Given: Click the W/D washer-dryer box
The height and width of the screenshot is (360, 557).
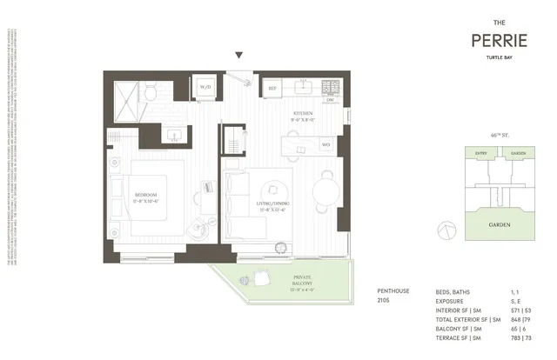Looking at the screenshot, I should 205,88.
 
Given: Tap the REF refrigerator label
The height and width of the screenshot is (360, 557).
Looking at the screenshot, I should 272,88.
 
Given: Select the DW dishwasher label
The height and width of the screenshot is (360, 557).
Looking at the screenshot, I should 330,100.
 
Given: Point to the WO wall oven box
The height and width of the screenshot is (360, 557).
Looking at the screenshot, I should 325,144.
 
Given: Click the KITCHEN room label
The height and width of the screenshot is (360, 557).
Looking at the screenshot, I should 302,114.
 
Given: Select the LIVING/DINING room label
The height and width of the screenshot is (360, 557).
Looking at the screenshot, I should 272,204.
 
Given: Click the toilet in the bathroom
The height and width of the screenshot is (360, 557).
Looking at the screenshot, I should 150,90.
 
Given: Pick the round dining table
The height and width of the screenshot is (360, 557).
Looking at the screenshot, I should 327,186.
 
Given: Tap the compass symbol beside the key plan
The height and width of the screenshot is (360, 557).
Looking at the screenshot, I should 446,230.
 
